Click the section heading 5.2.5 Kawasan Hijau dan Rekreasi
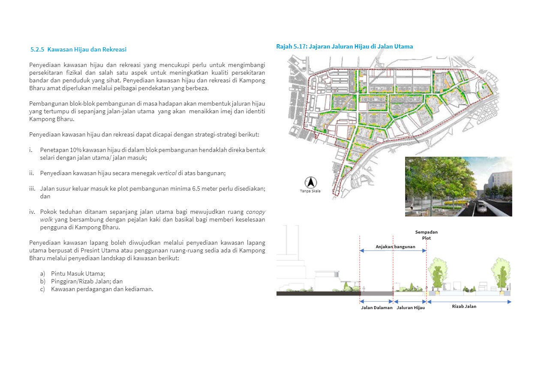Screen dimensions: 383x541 pos(78,49)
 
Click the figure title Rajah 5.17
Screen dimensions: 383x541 pos(344,46)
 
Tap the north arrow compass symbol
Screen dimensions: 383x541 pos(310,182)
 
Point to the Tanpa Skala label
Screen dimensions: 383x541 pos(310,191)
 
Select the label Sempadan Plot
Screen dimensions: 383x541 pos(426,235)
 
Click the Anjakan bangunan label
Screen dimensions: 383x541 pos(395,246)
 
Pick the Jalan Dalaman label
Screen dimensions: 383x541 pos(376,307)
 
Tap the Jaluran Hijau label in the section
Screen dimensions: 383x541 pos(410,307)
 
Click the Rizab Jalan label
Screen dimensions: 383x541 pos(464,306)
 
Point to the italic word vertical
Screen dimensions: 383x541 pos(167,173)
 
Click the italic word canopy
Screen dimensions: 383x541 pos(255,212)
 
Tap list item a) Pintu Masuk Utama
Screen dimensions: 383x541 pos(78,273)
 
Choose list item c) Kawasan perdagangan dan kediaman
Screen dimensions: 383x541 pos(102,289)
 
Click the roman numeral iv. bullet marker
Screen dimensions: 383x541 pos(32,212)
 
